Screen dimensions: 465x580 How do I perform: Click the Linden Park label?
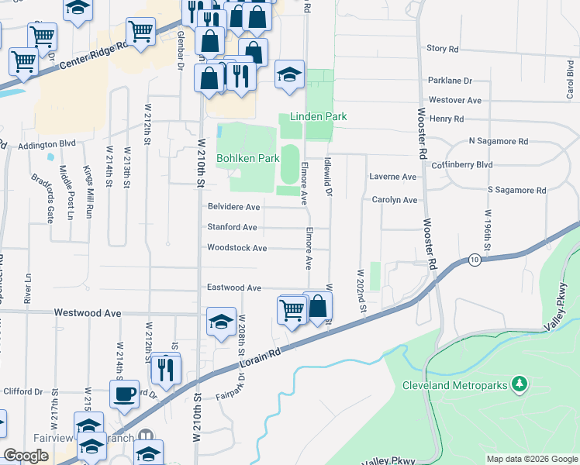tap(318, 117)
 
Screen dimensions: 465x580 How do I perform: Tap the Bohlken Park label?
tap(247, 158)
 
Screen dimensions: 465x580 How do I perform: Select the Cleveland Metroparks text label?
tap(454, 385)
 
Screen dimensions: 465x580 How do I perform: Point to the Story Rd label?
tap(443, 48)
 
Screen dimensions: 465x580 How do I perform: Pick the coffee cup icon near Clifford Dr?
tap(124, 393)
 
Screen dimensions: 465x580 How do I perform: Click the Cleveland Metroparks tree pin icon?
tap(521, 384)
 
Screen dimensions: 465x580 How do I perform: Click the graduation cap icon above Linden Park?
tap(289, 74)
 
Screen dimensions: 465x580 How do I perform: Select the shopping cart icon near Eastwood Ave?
tap(292, 309)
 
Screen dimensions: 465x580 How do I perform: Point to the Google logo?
tap(26, 456)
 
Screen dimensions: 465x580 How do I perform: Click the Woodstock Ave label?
tap(236, 248)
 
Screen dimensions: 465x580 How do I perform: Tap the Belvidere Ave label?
tap(233, 207)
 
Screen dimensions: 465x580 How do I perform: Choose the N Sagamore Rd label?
tap(498, 142)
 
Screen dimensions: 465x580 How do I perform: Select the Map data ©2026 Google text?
tap(531, 459)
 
